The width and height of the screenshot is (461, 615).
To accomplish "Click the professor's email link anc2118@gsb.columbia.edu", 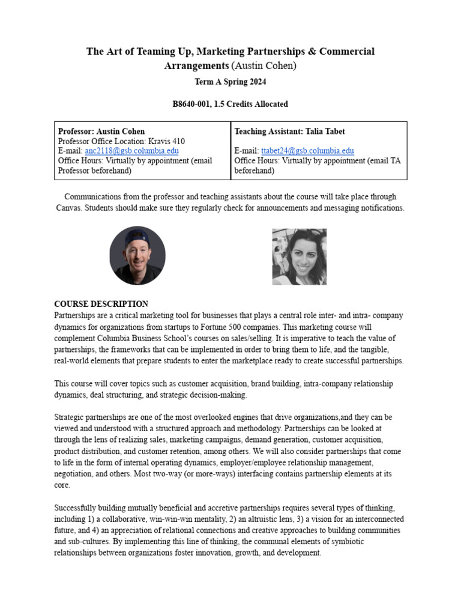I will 131,151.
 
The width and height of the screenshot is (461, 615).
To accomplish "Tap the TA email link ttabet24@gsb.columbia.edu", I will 307,151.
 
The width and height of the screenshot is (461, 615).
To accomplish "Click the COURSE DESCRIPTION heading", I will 101,304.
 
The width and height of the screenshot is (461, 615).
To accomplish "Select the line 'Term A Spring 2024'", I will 230,82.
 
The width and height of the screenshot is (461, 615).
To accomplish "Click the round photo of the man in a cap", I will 137,255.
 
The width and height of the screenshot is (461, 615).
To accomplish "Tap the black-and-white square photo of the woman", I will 300,256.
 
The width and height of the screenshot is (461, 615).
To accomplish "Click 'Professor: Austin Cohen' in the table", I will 101,132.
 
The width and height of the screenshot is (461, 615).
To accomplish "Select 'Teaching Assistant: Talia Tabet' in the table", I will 289,132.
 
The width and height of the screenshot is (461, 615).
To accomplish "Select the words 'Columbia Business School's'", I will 140,338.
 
